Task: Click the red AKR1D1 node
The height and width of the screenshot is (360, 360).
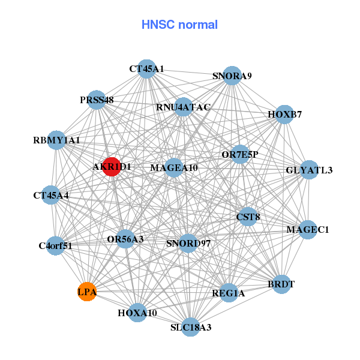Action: point(112,167)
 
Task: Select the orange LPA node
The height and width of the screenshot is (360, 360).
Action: point(87,292)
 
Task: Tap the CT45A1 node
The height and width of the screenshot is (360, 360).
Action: point(146,69)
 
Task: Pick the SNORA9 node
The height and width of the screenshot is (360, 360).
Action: point(232,76)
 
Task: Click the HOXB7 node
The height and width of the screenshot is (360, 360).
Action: point(284,115)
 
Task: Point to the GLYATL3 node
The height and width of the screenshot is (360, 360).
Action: point(309,170)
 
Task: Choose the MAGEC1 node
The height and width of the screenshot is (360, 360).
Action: point(308,230)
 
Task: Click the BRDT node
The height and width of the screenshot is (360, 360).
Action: point(281,284)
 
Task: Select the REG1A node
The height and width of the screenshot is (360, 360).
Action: point(229,293)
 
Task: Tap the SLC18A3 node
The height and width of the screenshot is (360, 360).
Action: point(191,327)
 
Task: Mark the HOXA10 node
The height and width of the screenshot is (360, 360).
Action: point(137,313)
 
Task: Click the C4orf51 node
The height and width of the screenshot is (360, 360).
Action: point(56,245)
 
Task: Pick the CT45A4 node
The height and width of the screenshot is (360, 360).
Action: point(51,195)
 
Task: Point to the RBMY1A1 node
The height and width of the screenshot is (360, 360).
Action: point(56,140)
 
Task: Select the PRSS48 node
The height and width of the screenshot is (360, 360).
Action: point(97,100)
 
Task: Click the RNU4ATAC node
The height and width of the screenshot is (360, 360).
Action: point(183,107)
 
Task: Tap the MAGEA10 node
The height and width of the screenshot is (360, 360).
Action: point(174,168)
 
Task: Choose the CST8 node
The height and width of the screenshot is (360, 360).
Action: point(248,217)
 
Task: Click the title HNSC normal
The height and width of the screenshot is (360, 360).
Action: point(179,25)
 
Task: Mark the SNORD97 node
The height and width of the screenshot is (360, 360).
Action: point(188,244)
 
